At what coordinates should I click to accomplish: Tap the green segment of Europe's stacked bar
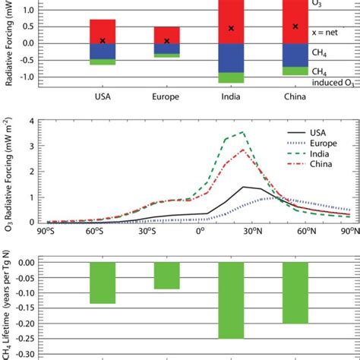pyautogui.click(x=167, y=55)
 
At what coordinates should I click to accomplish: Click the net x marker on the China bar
pyautogui.click(x=295, y=27)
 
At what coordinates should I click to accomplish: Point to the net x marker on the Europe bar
pyautogui.click(x=167, y=41)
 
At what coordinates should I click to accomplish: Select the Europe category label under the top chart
pyautogui.click(x=167, y=97)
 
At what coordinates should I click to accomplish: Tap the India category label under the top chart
pyautogui.click(x=231, y=97)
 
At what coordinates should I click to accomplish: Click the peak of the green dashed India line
pyautogui.click(x=242, y=132)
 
